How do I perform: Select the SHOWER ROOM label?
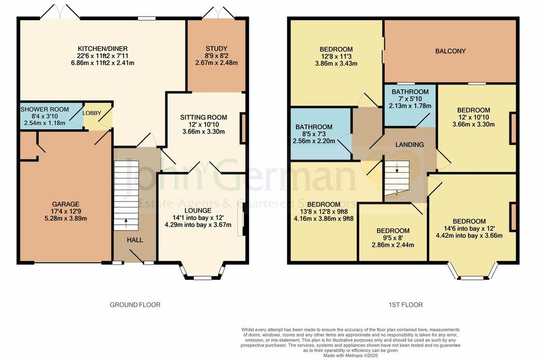(x=44, y=109)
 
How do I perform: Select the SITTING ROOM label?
(x=203, y=117)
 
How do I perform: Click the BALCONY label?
(x=450, y=51)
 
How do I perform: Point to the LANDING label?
(x=409, y=145)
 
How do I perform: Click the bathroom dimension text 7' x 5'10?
(x=409, y=99)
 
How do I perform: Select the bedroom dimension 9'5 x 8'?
(x=393, y=238)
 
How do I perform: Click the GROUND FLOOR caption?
(x=135, y=305)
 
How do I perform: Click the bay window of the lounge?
(x=202, y=272)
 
